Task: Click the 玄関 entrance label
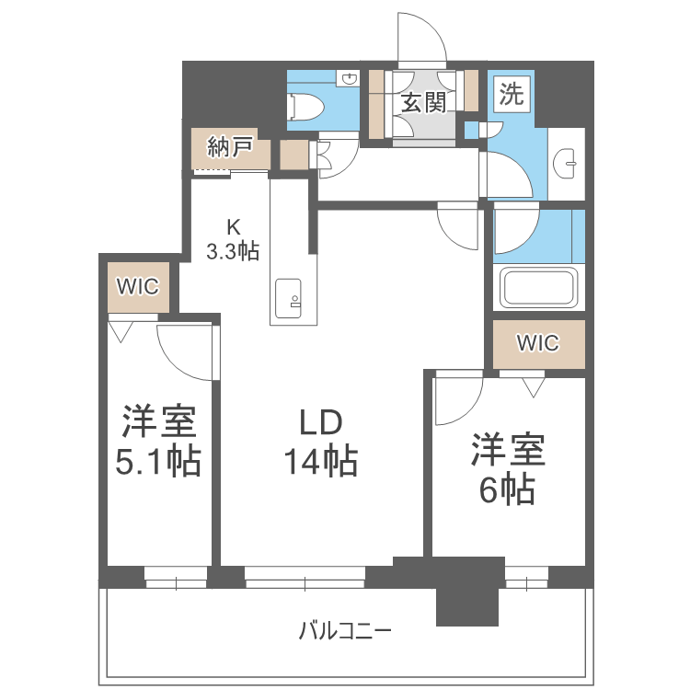[x=422, y=102]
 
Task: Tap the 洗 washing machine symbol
[x=512, y=95]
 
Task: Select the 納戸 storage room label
[x=230, y=147]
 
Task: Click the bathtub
[x=538, y=288]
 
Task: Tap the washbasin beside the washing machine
[x=569, y=165]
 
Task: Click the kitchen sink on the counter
[x=291, y=297]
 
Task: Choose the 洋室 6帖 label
[x=508, y=470]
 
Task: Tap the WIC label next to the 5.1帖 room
[x=138, y=286]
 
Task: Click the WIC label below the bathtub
[x=537, y=343]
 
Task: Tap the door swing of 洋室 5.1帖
[x=184, y=350]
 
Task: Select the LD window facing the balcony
[x=305, y=578]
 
